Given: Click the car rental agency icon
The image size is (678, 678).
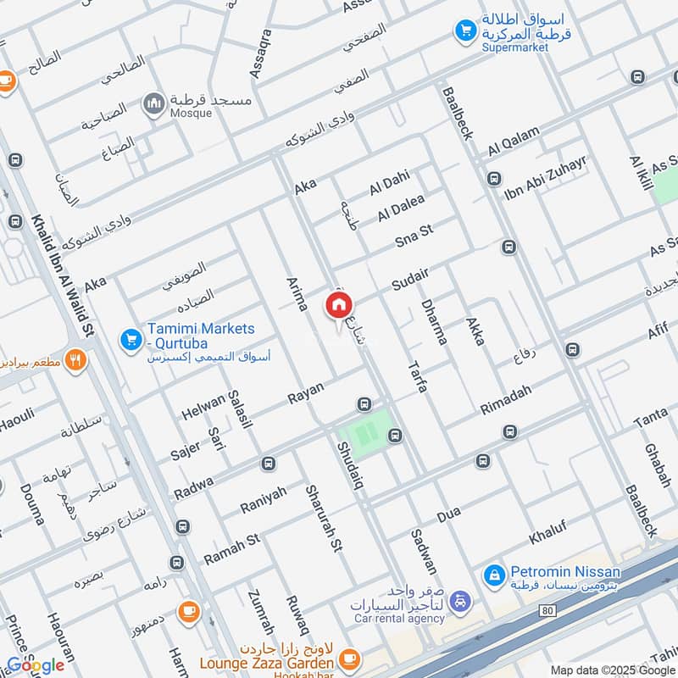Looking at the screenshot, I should point(459,601).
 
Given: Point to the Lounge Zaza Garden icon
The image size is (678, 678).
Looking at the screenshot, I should point(347,658).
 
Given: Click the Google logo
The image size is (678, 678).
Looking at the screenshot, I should point(36,665).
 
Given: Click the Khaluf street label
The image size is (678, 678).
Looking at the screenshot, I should point(547,533).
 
